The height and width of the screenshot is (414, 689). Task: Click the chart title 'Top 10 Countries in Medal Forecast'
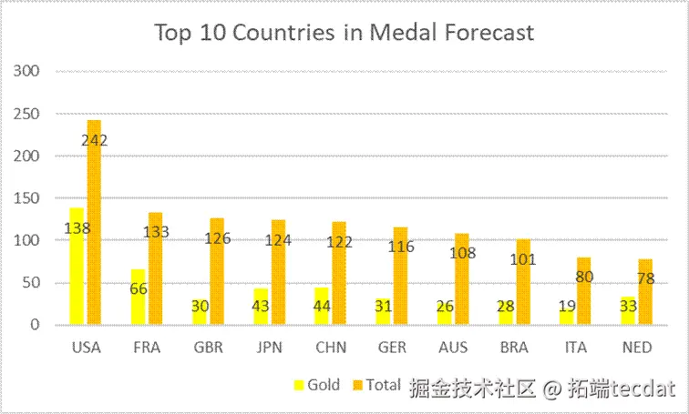(x=344, y=33)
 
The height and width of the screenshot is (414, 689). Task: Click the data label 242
(x=94, y=140)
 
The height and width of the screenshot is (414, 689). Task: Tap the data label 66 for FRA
(x=138, y=288)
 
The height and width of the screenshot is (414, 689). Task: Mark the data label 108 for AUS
(x=462, y=253)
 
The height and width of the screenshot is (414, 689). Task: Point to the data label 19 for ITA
(x=566, y=307)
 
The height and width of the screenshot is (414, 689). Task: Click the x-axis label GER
(x=392, y=347)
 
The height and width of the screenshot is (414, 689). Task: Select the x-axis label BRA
(x=514, y=347)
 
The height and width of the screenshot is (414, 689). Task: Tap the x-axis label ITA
(x=575, y=347)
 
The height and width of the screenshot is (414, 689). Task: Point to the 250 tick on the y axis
(x=27, y=114)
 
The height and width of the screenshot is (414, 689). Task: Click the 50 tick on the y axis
(x=31, y=283)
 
